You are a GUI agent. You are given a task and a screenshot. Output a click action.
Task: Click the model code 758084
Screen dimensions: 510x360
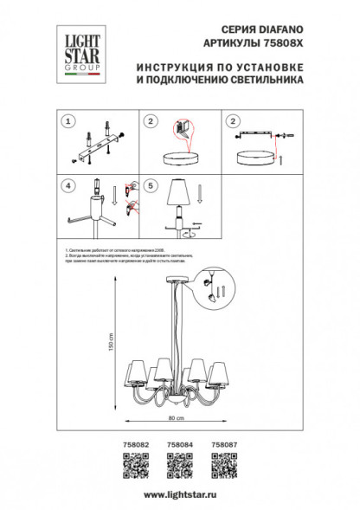(x=179, y=443)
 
